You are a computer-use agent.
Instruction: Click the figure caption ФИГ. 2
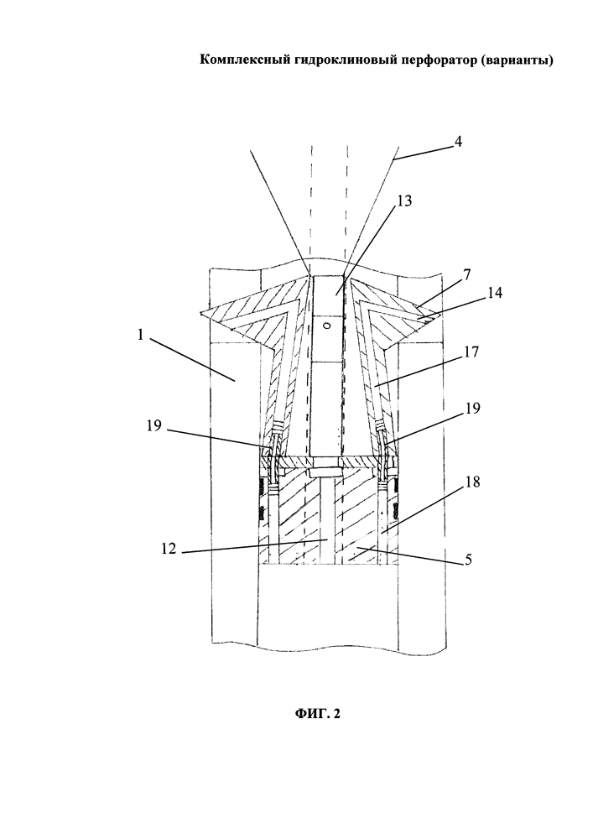click(x=317, y=714)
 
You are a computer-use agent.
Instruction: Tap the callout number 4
click(x=458, y=142)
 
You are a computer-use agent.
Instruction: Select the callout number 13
click(x=405, y=201)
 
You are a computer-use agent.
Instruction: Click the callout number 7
click(x=467, y=275)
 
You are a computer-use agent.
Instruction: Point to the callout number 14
click(x=495, y=293)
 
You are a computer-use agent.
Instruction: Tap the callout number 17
click(x=471, y=352)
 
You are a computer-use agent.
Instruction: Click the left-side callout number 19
click(x=154, y=427)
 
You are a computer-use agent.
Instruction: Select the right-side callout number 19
click(x=473, y=409)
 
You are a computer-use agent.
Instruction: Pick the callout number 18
click(x=473, y=482)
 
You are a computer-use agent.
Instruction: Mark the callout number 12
click(x=169, y=549)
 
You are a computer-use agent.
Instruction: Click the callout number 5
click(x=468, y=560)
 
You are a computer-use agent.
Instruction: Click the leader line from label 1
click(x=193, y=358)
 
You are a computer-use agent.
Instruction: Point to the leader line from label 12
click(x=254, y=546)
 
